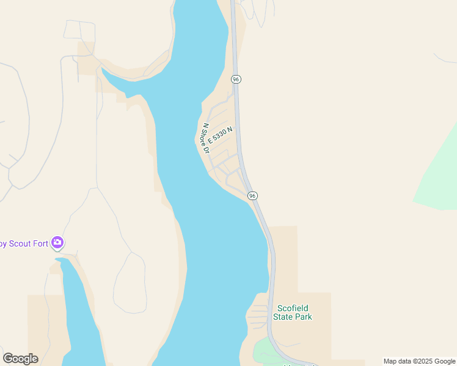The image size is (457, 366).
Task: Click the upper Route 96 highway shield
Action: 236,79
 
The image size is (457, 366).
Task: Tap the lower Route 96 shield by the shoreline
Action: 252,195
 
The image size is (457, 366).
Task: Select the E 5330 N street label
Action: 221,135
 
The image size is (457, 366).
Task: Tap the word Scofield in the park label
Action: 294,308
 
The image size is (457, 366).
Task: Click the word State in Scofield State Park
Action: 283,317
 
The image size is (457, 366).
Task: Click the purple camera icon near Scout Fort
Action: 57,243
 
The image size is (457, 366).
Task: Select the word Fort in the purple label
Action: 40,244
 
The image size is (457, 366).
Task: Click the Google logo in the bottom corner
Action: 20,359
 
